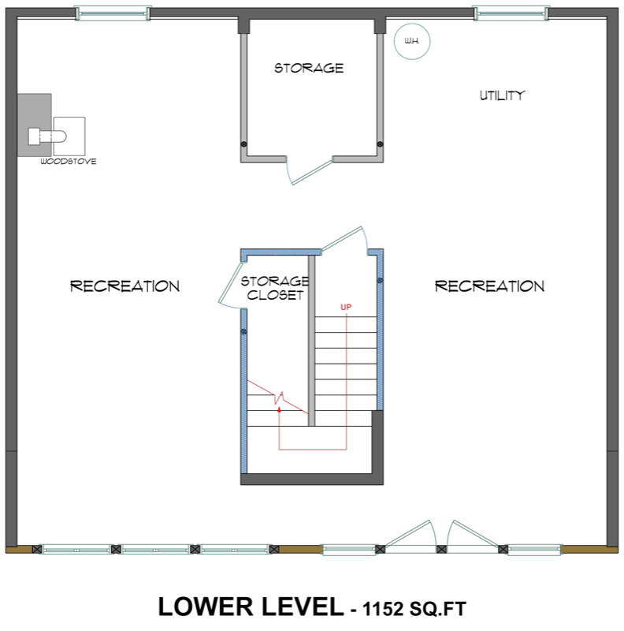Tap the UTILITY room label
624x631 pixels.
[x=502, y=96]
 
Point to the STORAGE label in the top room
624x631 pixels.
[x=308, y=69]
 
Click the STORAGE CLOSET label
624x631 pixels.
[x=273, y=289]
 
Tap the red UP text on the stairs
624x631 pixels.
[x=345, y=306]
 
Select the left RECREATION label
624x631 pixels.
[x=124, y=286]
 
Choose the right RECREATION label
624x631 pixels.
[x=489, y=286]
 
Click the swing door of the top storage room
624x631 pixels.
[x=310, y=170]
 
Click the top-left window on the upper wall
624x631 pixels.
[x=111, y=13]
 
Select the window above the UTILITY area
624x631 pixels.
[x=510, y=13]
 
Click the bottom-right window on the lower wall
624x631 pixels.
[x=535, y=548]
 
